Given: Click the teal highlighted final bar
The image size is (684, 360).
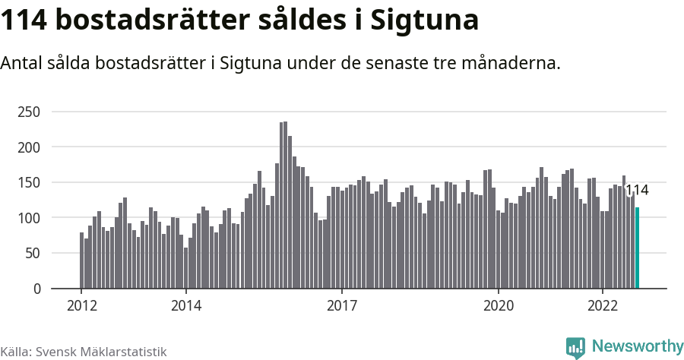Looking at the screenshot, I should (638, 248).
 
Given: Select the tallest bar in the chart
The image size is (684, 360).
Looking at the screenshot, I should (285, 205).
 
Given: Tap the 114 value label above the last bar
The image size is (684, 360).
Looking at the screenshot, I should (636, 190).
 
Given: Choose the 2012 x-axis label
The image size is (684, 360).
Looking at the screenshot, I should (81, 305).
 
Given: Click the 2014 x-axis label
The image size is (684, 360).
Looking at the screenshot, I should (185, 305).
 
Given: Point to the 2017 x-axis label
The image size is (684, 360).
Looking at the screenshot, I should (342, 305).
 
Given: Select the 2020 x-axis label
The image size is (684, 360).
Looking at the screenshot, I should (499, 305).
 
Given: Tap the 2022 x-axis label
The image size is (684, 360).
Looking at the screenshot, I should (603, 305).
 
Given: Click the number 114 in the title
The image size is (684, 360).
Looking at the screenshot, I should (24, 21).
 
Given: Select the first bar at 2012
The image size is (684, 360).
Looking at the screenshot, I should (81, 261).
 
